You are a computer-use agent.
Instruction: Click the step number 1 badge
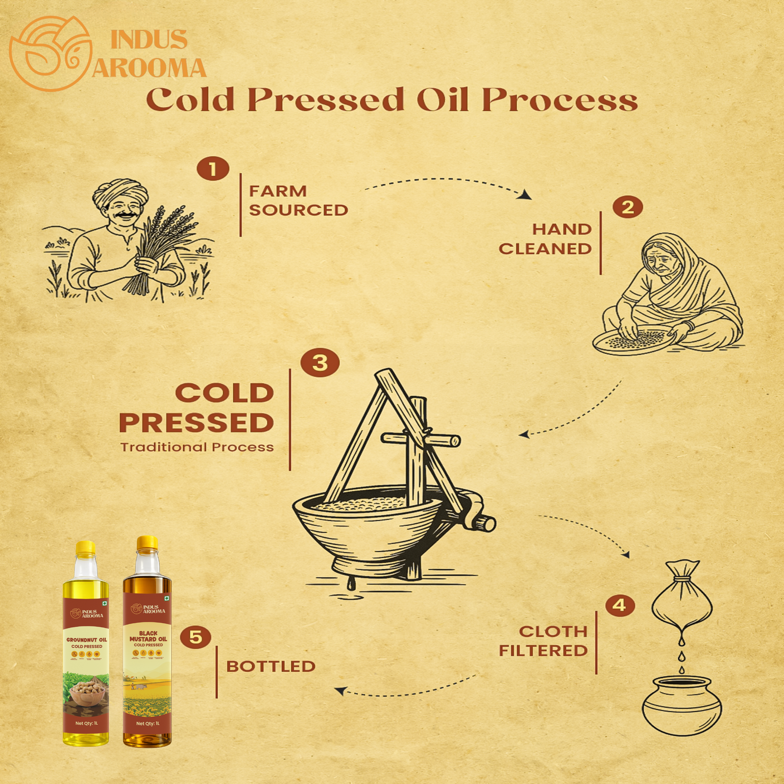(x=213, y=169)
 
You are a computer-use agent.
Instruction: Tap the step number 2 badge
(x=628, y=207)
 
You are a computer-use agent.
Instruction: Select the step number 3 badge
(x=320, y=363)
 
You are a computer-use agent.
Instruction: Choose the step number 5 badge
(x=196, y=637)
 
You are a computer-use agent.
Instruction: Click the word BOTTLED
(x=271, y=666)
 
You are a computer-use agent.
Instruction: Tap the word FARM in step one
(x=278, y=191)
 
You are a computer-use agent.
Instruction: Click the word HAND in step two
(x=562, y=229)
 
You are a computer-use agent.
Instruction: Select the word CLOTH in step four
(x=553, y=632)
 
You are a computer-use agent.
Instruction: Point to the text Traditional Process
(x=197, y=447)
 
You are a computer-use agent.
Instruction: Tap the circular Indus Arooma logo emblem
(x=50, y=53)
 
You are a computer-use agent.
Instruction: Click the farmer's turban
(x=120, y=191)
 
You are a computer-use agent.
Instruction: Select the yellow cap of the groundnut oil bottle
(x=86, y=548)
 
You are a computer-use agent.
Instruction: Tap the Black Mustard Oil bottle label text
(x=148, y=637)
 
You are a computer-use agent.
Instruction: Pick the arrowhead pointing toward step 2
(x=525, y=195)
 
